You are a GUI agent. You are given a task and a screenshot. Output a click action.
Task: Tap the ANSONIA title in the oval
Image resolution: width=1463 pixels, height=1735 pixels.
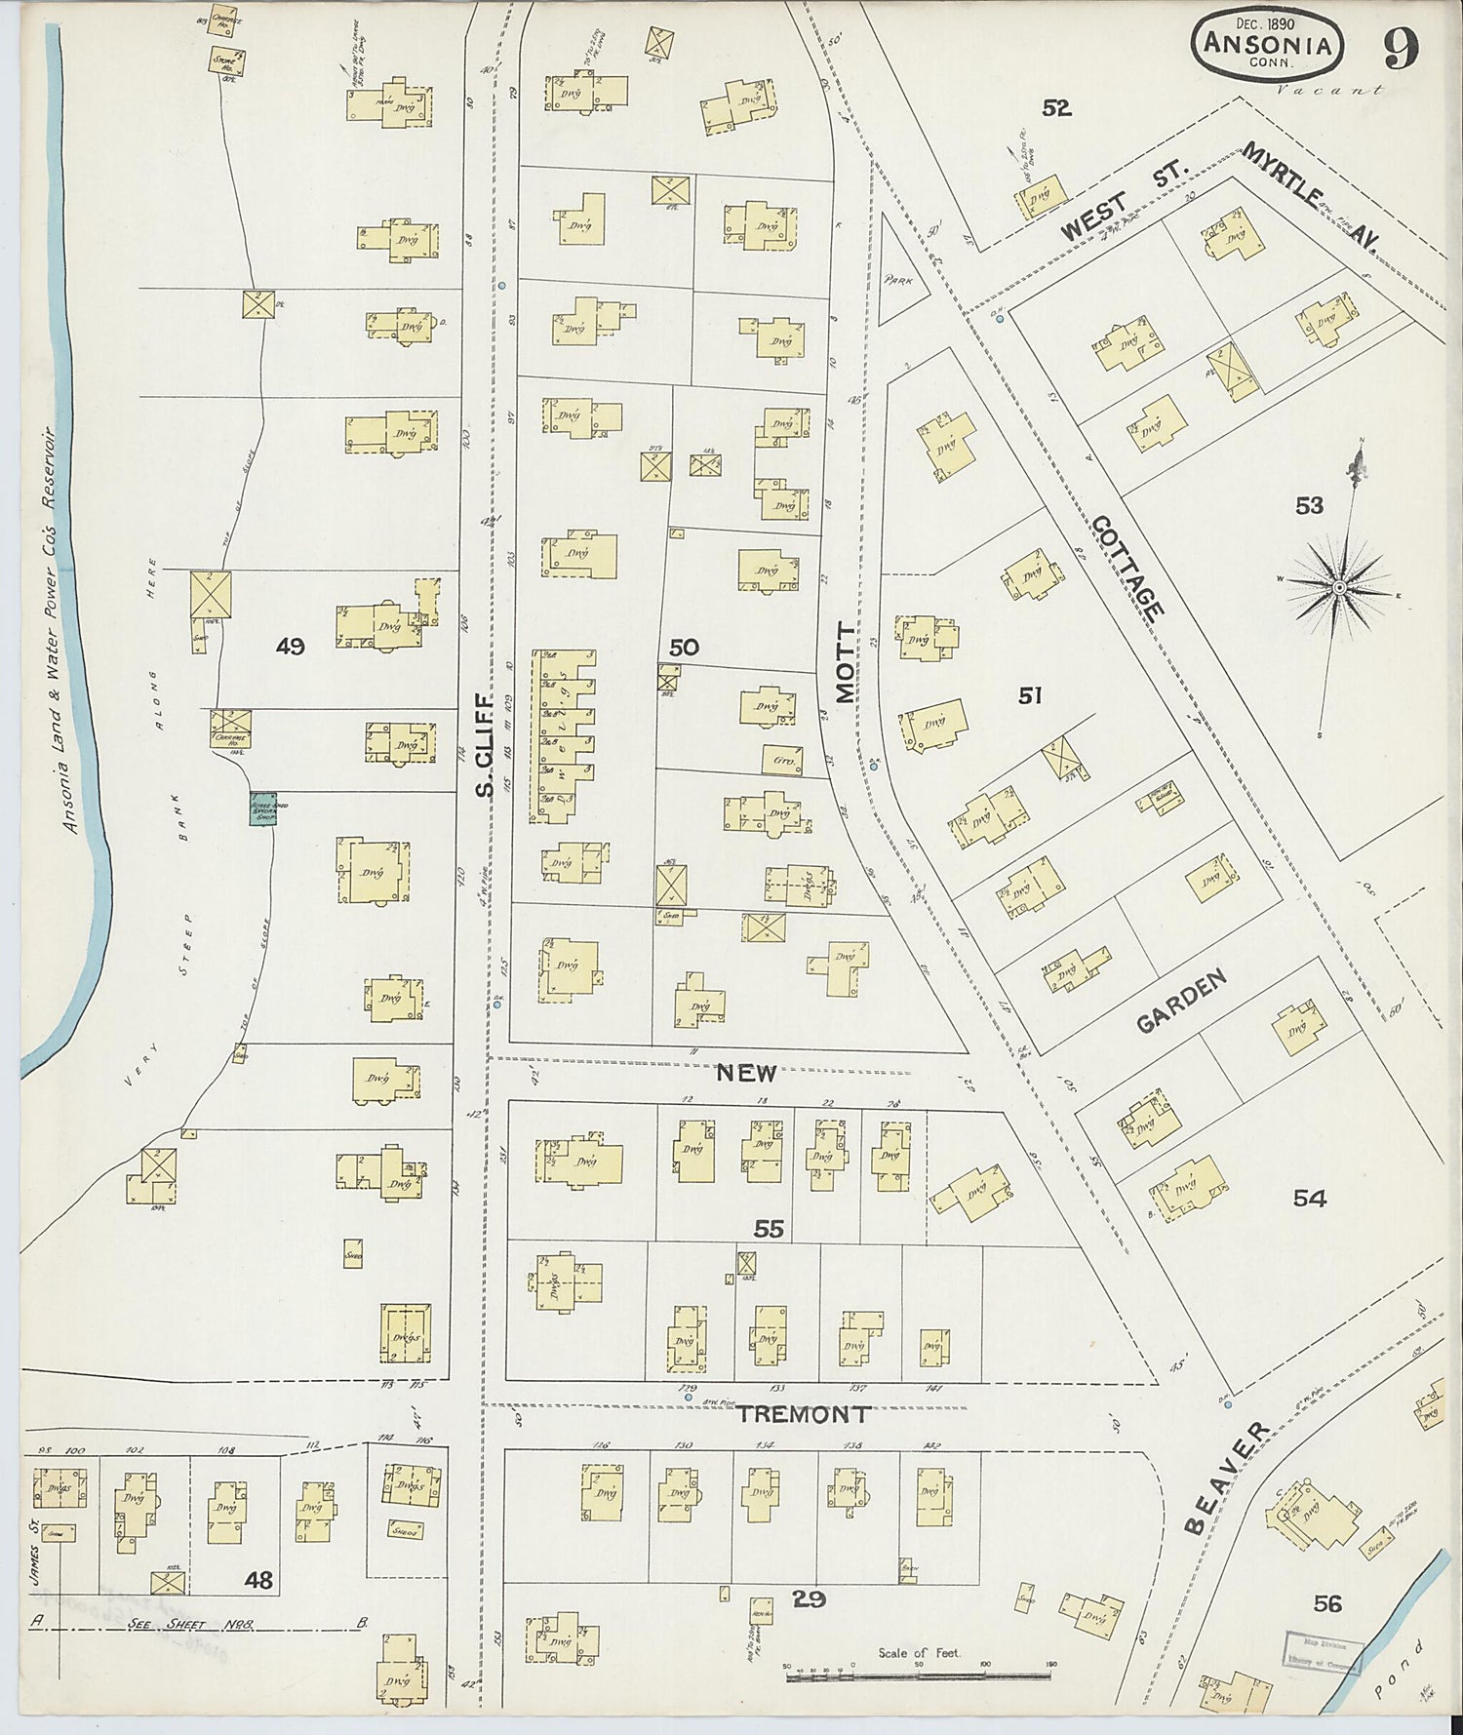[x=1266, y=44]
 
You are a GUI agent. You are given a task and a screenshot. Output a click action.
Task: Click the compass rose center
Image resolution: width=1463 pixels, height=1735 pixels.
[x=1339, y=587]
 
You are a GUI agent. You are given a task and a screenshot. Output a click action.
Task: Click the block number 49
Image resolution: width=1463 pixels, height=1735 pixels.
[x=291, y=646]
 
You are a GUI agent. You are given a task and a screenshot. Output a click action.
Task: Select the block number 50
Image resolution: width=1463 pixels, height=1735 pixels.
[x=684, y=647]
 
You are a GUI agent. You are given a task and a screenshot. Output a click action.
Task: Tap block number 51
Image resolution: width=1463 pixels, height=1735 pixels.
[x=1030, y=695]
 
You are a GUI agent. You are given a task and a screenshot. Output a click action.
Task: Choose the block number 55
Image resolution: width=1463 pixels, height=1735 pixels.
[x=769, y=1230]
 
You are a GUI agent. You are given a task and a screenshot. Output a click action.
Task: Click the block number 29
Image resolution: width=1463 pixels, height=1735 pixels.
[x=810, y=1598]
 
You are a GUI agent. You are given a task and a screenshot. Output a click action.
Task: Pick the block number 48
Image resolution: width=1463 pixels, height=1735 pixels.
[x=258, y=1579]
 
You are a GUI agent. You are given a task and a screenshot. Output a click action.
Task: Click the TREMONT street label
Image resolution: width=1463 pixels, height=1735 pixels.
[x=802, y=1414]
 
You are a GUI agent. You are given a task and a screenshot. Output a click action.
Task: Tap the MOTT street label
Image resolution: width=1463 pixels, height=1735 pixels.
[x=845, y=662]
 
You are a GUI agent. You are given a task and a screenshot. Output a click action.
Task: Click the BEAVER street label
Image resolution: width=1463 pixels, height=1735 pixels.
[x=1228, y=1478]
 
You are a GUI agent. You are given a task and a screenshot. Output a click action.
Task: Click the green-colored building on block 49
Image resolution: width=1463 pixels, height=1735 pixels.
[x=262, y=808]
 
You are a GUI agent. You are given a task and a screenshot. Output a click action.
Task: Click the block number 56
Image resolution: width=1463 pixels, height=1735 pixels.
[x=1326, y=1602]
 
